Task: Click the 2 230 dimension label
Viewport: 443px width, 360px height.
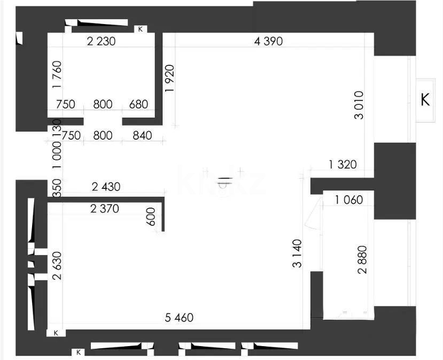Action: [x=101, y=41]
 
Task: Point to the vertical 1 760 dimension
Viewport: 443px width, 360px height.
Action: [x=58, y=75]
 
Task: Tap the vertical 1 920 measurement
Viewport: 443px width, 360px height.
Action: [x=170, y=79]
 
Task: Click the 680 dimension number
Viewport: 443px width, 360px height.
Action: [x=138, y=104]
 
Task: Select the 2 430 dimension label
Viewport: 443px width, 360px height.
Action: [x=106, y=187]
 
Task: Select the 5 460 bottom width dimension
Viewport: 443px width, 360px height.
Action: [x=179, y=318]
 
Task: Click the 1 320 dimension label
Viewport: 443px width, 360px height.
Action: [x=343, y=165]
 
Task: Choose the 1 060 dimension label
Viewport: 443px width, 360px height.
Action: [x=349, y=201]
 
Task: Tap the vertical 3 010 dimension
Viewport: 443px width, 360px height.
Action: [x=359, y=105]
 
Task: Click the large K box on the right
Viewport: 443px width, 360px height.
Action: [x=425, y=100]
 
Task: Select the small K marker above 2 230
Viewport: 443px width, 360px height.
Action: [x=140, y=29]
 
